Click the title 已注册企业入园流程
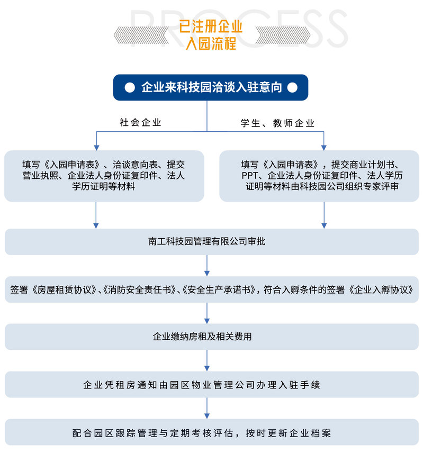(x=210, y=35)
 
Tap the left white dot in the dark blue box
(x=130, y=87)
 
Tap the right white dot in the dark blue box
(x=292, y=87)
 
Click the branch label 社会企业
(x=140, y=122)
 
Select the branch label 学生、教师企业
(x=277, y=123)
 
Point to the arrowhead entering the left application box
(x=96, y=148)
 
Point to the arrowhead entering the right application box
(x=323, y=148)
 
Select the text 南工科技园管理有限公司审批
(x=206, y=241)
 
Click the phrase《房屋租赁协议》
(x=65, y=289)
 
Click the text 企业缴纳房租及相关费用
(x=202, y=337)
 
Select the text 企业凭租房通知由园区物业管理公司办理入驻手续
(x=201, y=385)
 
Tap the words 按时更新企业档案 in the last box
(x=289, y=433)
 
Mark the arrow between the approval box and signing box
(x=207, y=266)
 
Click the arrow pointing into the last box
(x=207, y=408)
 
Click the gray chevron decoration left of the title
(x=141, y=35)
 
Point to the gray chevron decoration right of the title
(x=283, y=35)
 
